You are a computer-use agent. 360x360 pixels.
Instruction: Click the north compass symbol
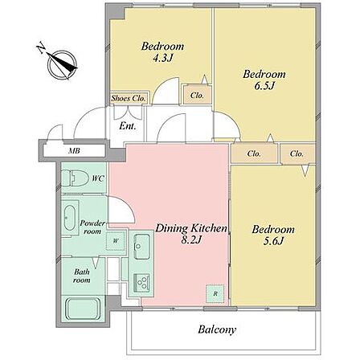tap(62, 65)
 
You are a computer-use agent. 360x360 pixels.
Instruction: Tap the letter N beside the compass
tap(41, 47)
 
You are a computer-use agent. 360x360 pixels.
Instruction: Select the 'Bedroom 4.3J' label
tap(162, 52)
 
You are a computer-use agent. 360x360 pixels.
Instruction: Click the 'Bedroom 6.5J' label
tap(264, 80)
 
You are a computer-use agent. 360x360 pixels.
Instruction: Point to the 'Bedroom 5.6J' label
tap(273, 235)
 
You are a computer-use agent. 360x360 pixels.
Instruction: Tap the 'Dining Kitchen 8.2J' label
tap(191, 234)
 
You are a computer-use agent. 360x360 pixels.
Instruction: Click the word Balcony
tap(217, 329)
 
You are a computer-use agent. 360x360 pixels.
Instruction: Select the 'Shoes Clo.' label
tap(129, 98)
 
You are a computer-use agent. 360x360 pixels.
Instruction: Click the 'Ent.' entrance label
tap(127, 125)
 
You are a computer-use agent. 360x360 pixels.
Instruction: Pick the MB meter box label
tap(74, 151)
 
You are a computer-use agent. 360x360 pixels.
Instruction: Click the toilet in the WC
tap(75, 178)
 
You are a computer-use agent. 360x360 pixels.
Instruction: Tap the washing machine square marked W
tap(116, 240)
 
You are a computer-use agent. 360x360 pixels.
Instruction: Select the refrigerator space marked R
tap(215, 294)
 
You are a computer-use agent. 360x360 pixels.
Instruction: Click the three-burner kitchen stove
tap(141, 282)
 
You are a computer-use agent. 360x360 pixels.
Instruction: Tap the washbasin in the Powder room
tap(70, 218)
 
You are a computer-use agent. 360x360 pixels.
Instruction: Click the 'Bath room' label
tap(82, 276)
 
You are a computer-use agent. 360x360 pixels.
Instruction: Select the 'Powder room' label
tap(92, 227)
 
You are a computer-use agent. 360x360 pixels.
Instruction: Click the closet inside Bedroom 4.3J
tap(198, 95)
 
